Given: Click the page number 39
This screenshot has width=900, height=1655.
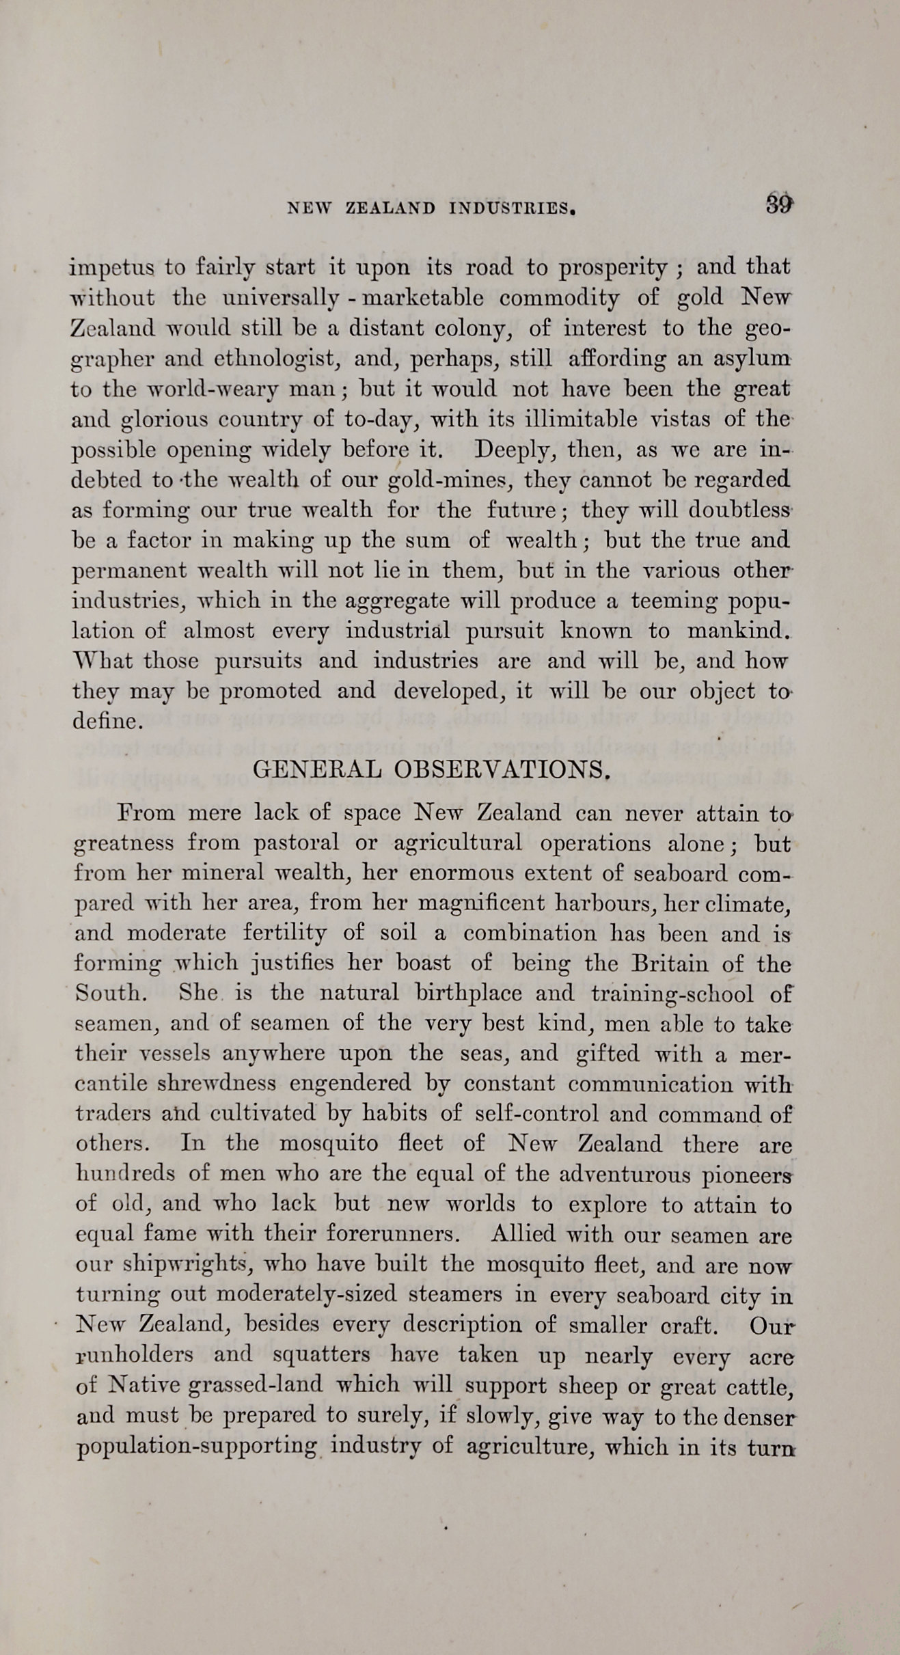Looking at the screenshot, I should click(778, 204).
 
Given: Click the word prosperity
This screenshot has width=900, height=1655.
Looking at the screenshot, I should click(612, 267).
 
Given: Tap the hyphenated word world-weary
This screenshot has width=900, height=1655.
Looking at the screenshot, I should click(194, 389).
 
